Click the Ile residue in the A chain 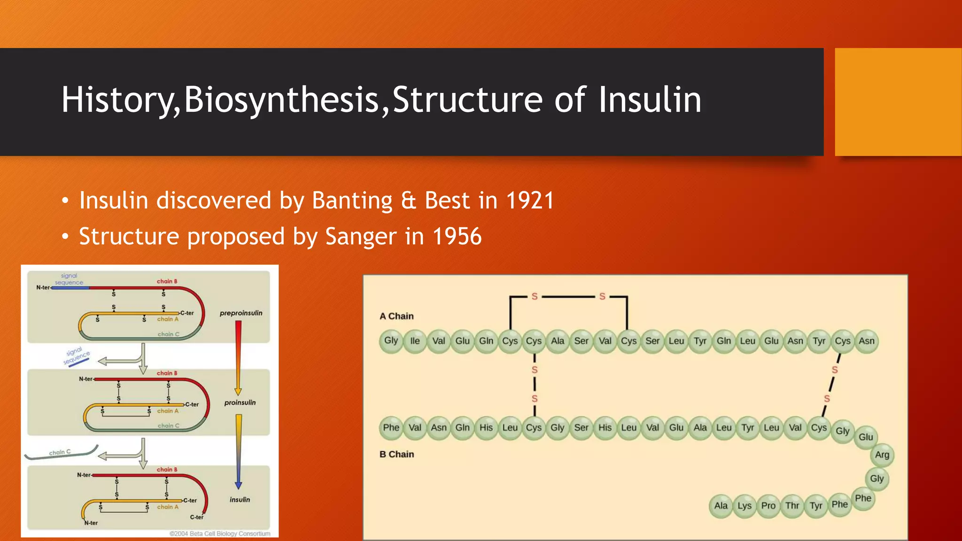tap(415, 341)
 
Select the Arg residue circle tap(882, 455)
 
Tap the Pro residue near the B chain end tap(768, 506)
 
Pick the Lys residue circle tap(745, 506)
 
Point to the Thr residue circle tap(792, 506)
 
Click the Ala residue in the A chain tap(558, 341)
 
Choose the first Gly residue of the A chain tap(391, 340)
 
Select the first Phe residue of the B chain tap(391, 428)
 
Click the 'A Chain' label tap(396, 316)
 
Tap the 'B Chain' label tap(396, 454)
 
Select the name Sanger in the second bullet tap(361, 236)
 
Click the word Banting tap(352, 201)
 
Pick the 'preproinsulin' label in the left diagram tap(241, 313)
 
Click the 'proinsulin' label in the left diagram tap(240, 402)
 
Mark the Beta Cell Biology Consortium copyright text tap(220, 533)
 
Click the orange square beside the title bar tap(898, 102)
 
